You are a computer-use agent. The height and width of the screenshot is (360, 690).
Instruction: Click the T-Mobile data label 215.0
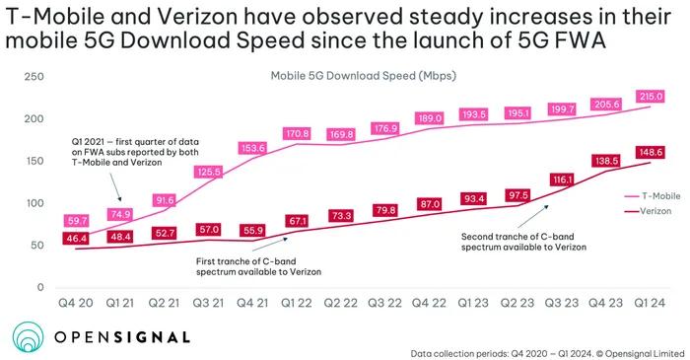pyautogui.click(x=651, y=97)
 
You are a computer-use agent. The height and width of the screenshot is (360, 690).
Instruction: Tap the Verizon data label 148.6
pyautogui.click(x=651, y=152)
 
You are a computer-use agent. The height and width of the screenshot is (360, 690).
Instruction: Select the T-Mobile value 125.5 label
pyautogui.click(x=209, y=172)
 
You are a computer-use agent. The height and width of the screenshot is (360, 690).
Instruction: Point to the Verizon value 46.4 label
pyautogui.click(x=77, y=239)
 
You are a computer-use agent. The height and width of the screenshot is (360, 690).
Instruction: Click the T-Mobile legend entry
pyautogui.click(x=653, y=196)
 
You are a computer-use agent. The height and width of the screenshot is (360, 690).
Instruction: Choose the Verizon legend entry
pyautogui.click(x=649, y=211)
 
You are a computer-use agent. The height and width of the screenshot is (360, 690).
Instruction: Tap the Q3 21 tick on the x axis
pyautogui.click(x=208, y=303)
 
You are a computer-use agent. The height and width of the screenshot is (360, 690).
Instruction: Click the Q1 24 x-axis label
pyautogui.click(x=650, y=303)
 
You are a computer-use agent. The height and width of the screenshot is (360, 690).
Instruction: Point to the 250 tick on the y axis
pyautogui.click(x=34, y=77)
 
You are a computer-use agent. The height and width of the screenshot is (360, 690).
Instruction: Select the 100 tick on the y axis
pyautogui.click(x=34, y=203)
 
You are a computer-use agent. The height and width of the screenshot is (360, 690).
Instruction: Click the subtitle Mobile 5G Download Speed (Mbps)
pyautogui.click(x=363, y=76)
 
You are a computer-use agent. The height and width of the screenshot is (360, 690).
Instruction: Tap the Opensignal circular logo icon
pyautogui.click(x=29, y=337)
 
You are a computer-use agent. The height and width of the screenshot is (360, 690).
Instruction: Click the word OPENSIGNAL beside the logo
pyautogui.click(x=122, y=337)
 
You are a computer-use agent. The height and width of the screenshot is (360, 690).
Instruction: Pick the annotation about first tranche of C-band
pyautogui.click(x=258, y=266)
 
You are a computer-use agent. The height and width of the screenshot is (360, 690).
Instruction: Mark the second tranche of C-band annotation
pyautogui.click(x=523, y=242)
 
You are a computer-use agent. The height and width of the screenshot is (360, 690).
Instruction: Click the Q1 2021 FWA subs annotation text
pyautogui.click(x=135, y=152)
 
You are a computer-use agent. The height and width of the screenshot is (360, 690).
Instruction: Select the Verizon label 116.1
pyautogui.click(x=562, y=180)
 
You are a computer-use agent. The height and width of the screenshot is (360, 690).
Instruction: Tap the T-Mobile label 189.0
pyautogui.click(x=430, y=118)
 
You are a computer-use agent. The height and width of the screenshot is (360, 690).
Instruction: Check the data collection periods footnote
pyautogui.click(x=547, y=353)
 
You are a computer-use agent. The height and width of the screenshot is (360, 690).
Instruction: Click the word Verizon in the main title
pyautogui.click(x=197, y=17)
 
